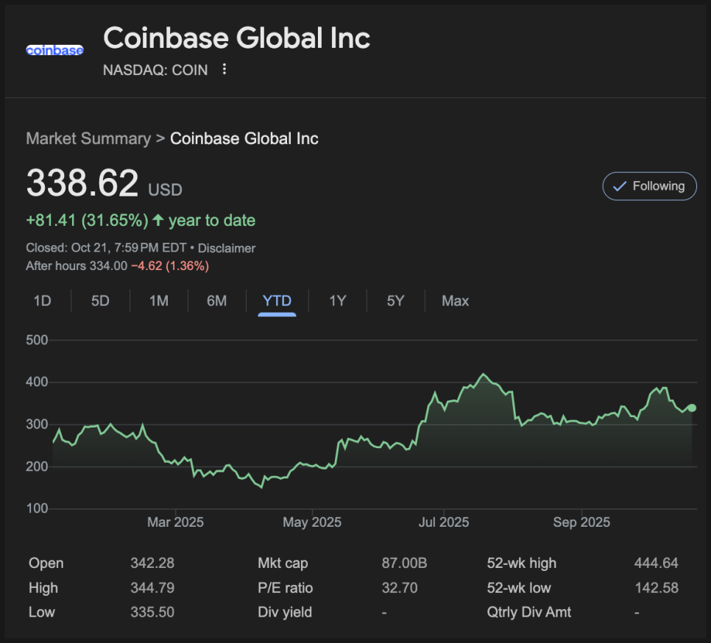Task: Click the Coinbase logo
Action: pos(54,50)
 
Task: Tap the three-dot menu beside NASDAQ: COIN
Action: pos(225,70)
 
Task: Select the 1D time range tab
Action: pos(43,301)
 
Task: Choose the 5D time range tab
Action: pos(100,301)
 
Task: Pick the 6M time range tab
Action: pos(216,301)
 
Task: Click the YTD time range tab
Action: pos(277,301)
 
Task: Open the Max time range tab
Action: pos(455,301)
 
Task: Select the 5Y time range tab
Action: pos(396,301)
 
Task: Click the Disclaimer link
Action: pos(227,249)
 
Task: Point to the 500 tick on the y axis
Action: pos(37,340)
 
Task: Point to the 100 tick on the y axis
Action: pos(37,508)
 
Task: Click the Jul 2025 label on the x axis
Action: pos(444,522)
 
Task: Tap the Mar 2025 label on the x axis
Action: pos(175,522)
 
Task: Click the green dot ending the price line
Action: pos(691,408)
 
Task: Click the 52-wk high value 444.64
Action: pos(656,564)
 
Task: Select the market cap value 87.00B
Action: pos(404,564)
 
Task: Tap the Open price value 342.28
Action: pos(152,564)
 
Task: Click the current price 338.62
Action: pos(82,183)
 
